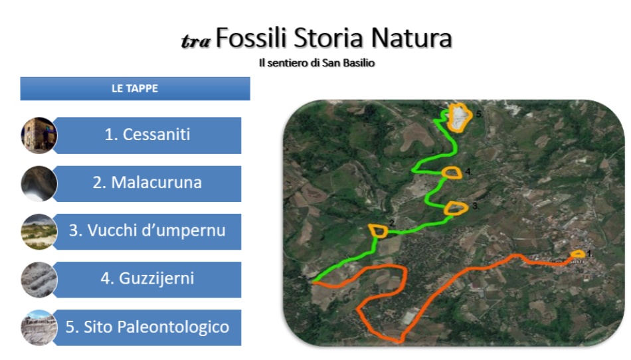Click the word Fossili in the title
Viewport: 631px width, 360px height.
coord(251,39)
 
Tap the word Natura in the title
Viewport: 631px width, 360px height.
coord(411,39)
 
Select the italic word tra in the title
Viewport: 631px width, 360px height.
coord(195,41)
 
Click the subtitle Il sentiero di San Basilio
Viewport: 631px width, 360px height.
coord(317,63)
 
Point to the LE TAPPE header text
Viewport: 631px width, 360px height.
coord(135,88)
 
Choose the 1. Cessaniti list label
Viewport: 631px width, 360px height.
coord(147,135)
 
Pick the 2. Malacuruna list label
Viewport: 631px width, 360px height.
coord(147,183)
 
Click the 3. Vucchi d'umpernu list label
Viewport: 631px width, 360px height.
coord(147,230)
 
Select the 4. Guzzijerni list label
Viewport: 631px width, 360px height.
coord(147,278)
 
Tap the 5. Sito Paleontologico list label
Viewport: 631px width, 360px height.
coord(147,327)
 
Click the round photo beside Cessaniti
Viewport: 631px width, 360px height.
coord(39,135)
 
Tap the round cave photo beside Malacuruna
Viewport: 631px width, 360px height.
coord(39,183)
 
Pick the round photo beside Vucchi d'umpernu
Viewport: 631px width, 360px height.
coord(39,232)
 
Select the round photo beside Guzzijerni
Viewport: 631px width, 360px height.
coord(39,280)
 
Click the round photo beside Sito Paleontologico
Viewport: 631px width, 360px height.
coord(39,327)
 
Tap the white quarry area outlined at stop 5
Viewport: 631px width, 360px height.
coord(459,118)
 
